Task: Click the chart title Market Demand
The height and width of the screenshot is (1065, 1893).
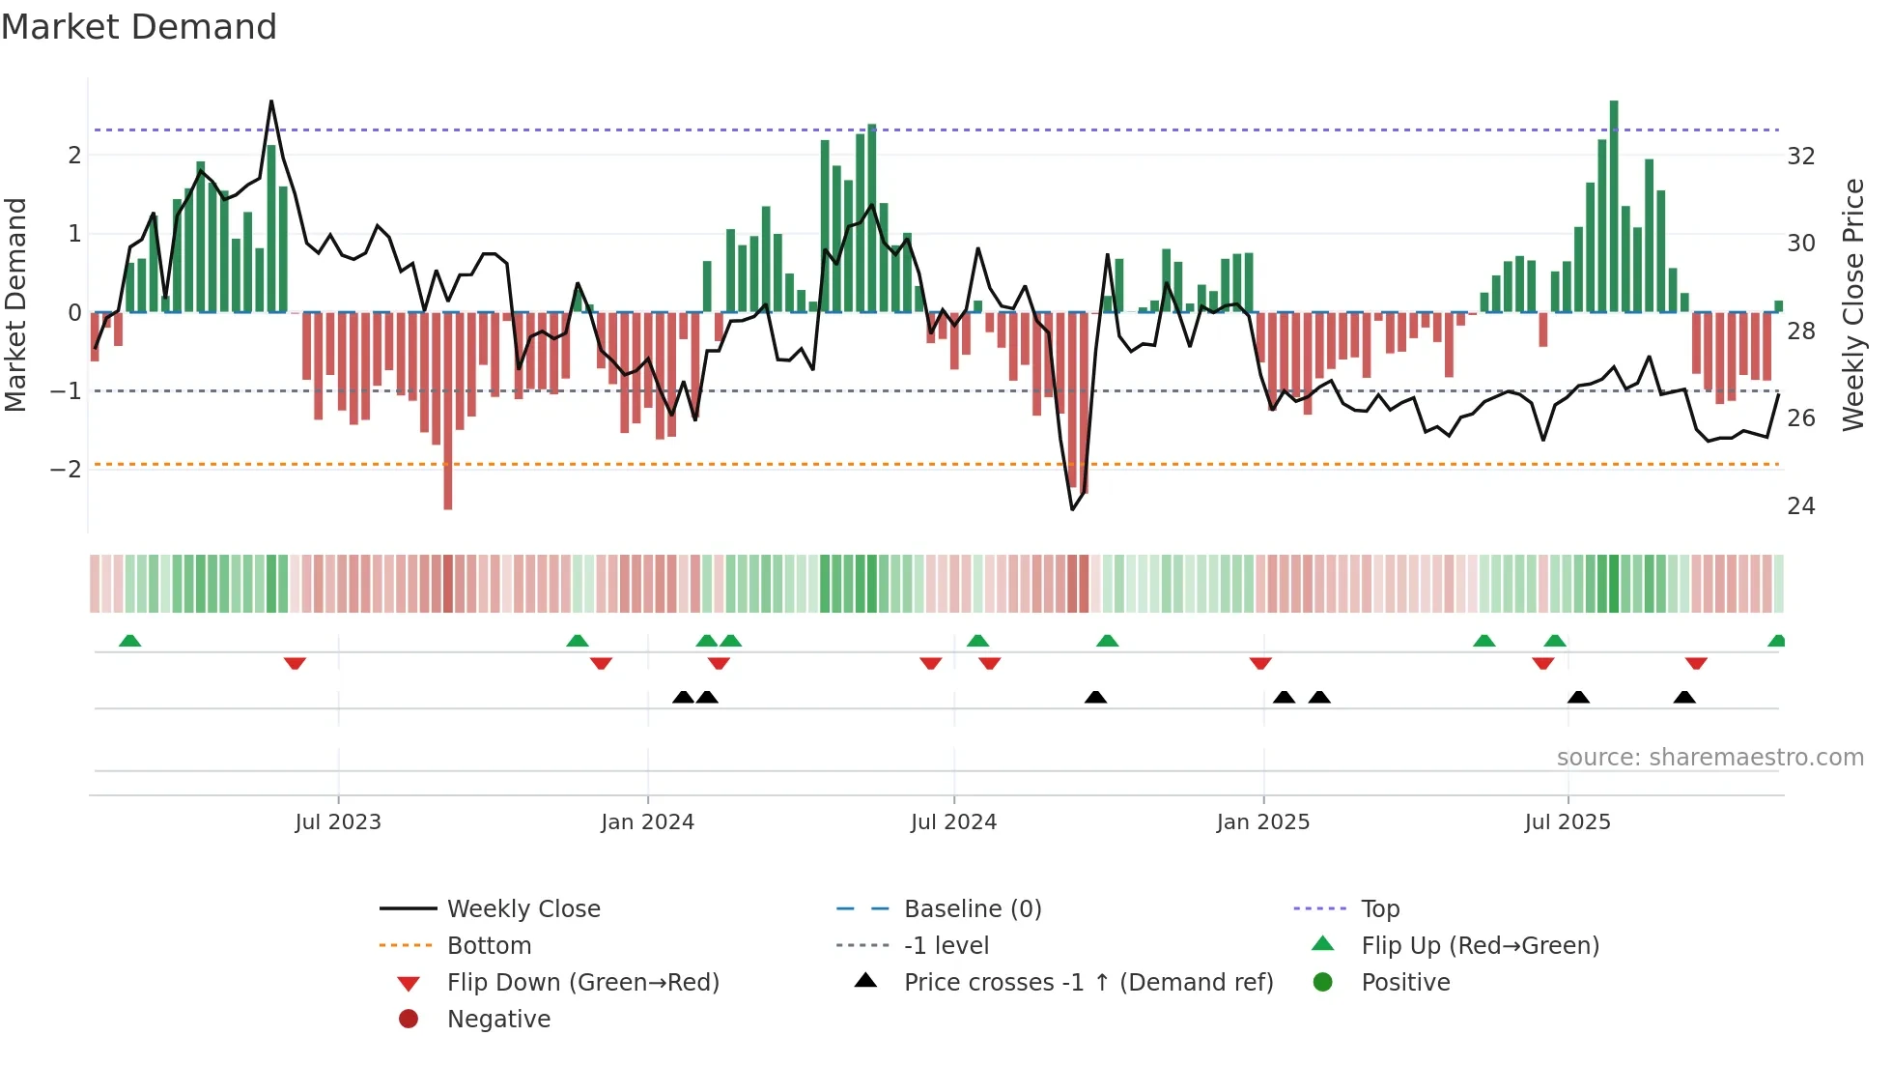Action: [x=139, y=27]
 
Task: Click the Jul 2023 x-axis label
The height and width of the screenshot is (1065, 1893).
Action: [x=338, y=822]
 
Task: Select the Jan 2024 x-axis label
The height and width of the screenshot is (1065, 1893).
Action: [x=647, y=822]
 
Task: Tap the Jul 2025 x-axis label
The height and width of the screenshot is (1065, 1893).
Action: [x=1568, y=822]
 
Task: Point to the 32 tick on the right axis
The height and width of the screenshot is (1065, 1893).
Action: [x=1800, y=157]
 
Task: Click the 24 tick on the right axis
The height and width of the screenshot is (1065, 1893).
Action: [x=1800, y=506]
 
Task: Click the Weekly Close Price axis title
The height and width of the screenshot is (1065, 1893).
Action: [x=1852, y=304]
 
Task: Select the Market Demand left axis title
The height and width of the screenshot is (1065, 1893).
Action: [x=16, y=304]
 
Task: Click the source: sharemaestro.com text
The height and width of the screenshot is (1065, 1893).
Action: [x=1709, y=758]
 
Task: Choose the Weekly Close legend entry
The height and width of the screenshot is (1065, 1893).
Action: [x=523, y=909]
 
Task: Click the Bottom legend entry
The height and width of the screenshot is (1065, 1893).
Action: [x=489, y=946]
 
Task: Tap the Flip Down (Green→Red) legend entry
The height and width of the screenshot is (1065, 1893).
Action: [x=582, y=983]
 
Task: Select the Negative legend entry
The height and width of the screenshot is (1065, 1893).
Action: [x=498, y=1020]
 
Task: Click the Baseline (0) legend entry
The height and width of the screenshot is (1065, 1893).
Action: [x=972, y=909]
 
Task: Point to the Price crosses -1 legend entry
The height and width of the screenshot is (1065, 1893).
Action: [x=1088, y=983]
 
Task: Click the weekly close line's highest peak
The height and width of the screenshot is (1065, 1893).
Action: [x=271, y=101]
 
